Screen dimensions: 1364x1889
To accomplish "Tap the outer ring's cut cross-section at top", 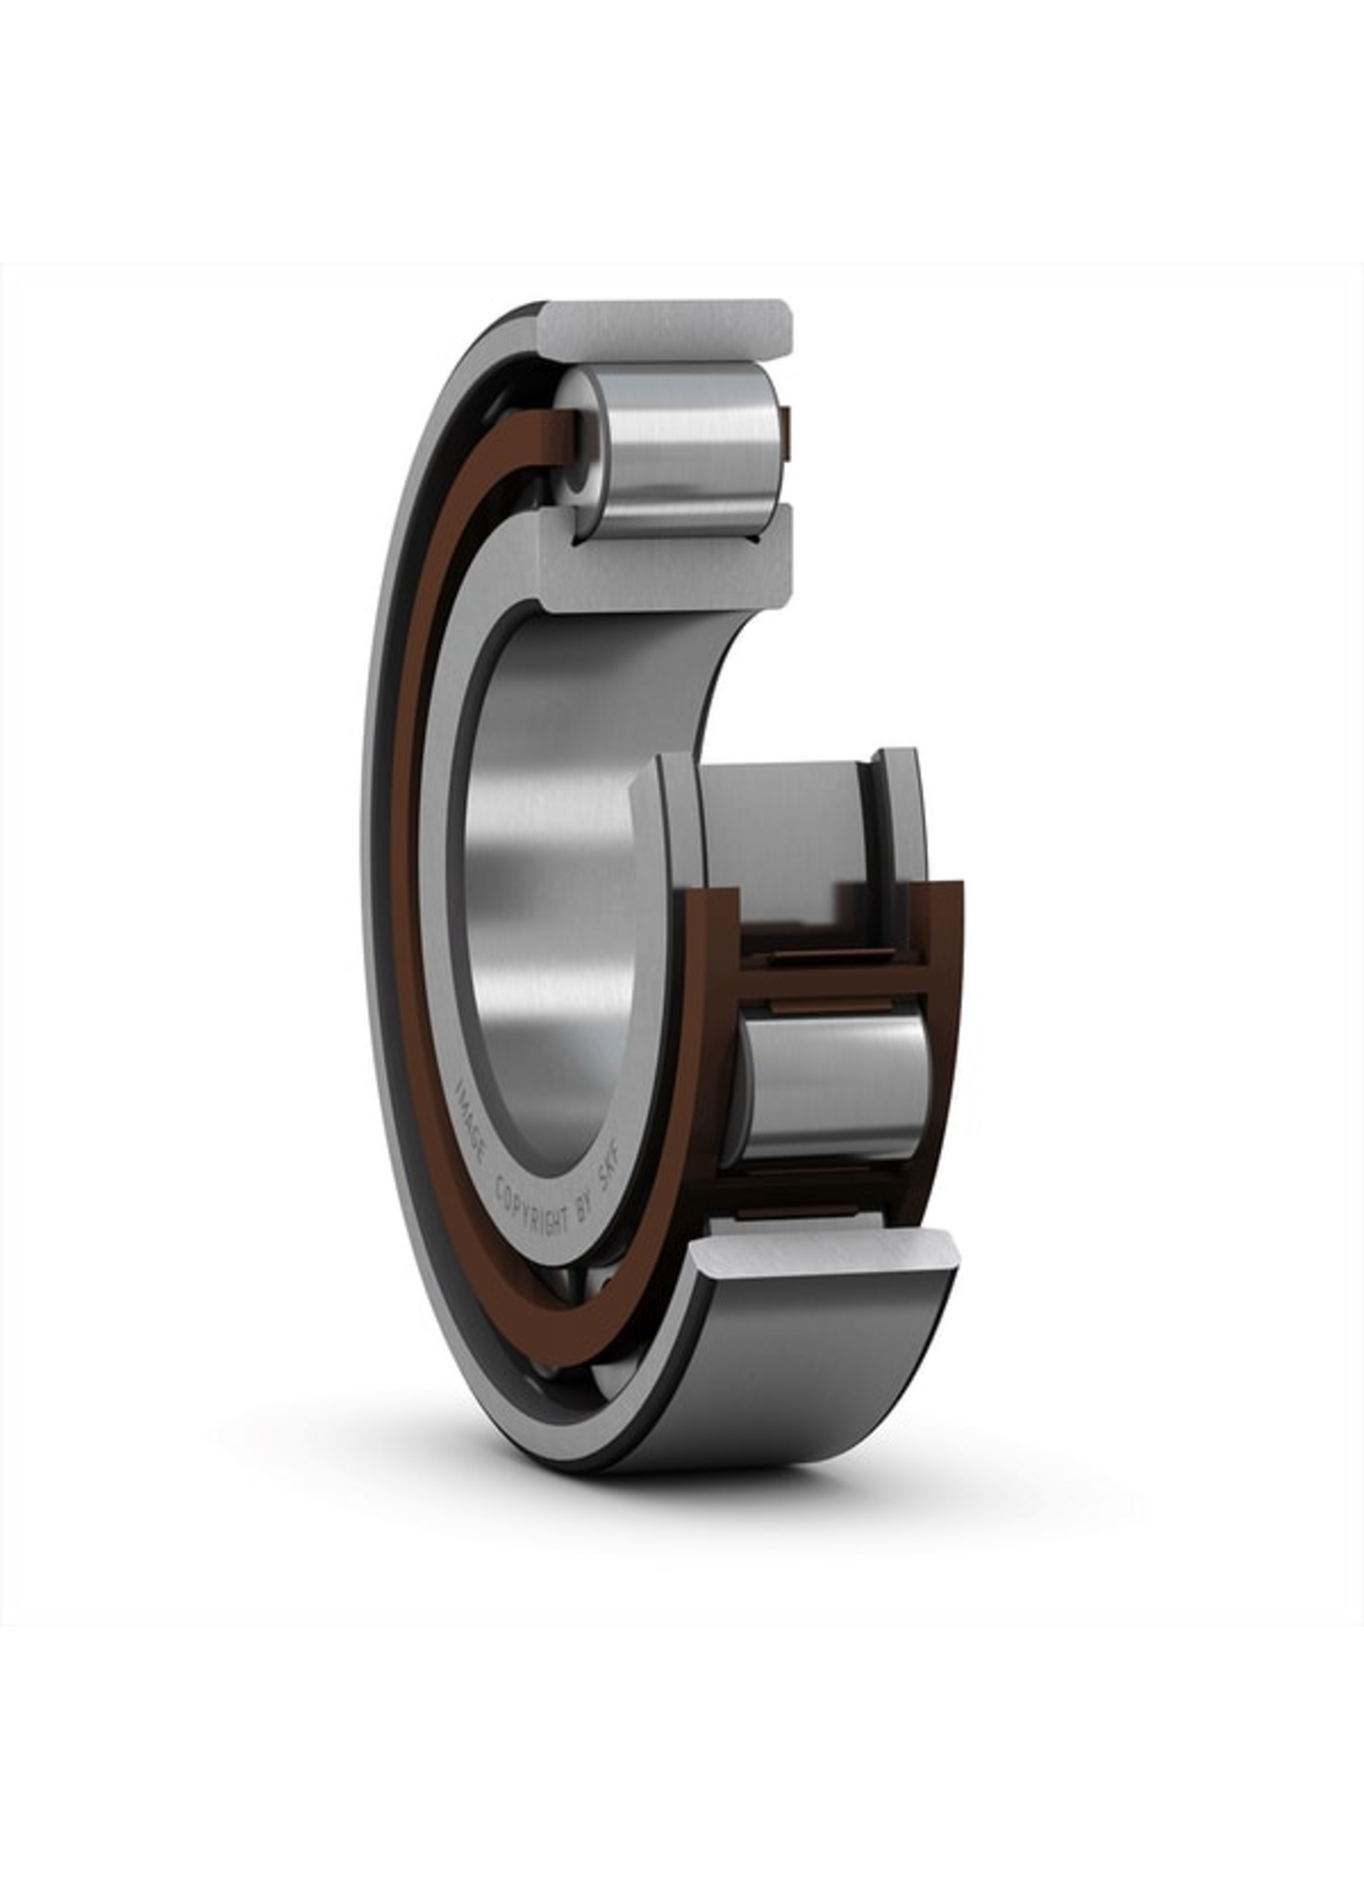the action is [666, 332].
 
